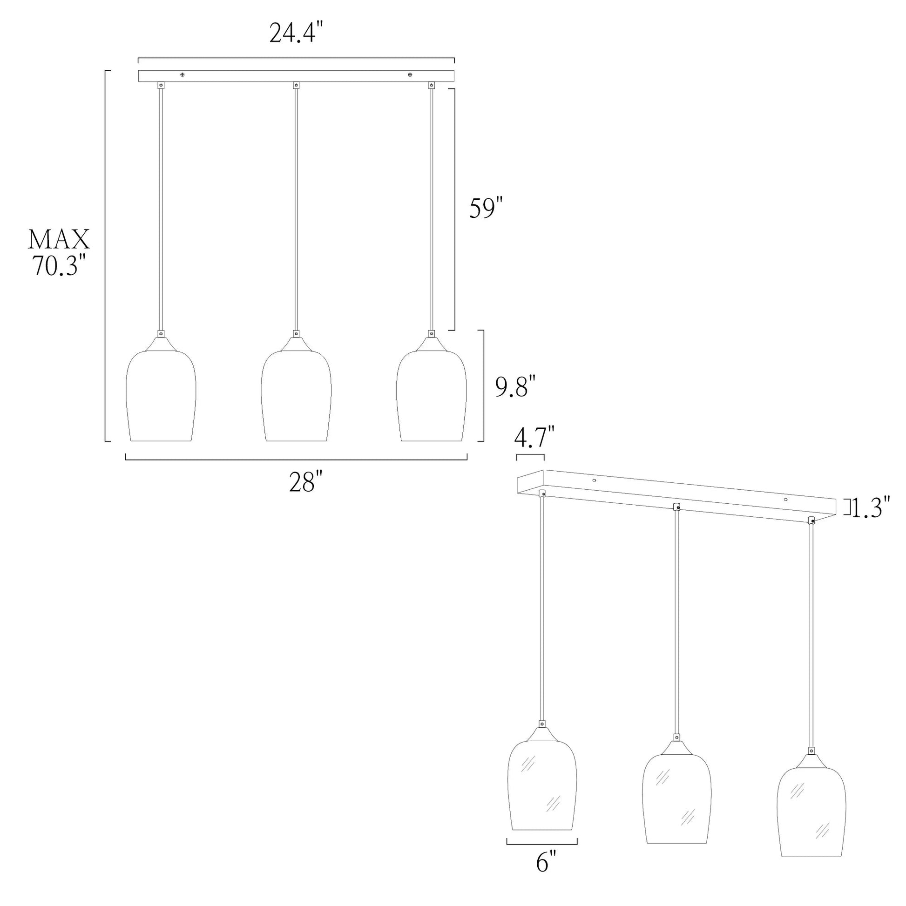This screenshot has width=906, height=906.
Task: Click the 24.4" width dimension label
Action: click(x=297, y=34)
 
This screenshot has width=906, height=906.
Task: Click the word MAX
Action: click(x=59, y=240)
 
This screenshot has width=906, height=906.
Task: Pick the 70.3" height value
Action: click(x=59, y=266)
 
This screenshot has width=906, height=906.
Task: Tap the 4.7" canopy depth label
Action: click(x=534, y=438)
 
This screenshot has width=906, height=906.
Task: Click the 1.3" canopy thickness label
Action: click(x=870, y=508)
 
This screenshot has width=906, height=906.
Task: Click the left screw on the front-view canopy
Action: click(x=183, y=74)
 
